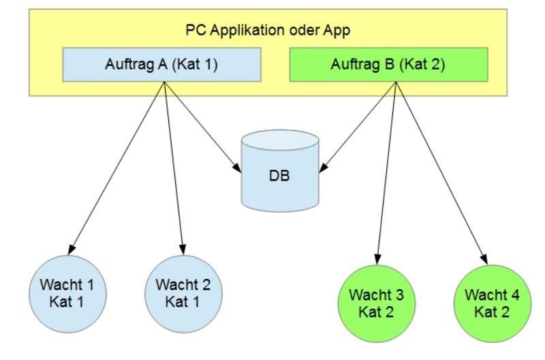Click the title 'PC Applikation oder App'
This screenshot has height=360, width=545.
[x=268, y=30]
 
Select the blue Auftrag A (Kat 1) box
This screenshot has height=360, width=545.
[x=161, y=65]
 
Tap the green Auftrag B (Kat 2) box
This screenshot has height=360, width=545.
[x=388, y=65]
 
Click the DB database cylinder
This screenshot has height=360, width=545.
[x=280, y=170]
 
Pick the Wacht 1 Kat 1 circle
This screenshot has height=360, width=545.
[x=67, y=295]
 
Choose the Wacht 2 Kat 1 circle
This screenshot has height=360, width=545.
[x=183, y=295]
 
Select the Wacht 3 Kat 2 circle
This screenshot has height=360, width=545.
[x=377, y=303]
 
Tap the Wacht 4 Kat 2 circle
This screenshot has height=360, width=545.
[x=493, y=303]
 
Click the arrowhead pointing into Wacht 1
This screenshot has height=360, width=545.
[x=72, y=250]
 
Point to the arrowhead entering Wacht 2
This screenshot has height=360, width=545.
[x=183, y=250]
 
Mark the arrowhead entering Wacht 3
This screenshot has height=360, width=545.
[x=377, y=259]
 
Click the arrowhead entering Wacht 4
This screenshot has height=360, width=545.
[x=484, y=260]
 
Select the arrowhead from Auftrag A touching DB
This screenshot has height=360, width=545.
[x=237, y=167]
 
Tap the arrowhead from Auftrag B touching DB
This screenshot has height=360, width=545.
[x=323, y=167]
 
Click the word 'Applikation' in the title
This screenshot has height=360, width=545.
[x=247, y=31]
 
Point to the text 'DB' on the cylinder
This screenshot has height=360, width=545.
[x=279, y=176]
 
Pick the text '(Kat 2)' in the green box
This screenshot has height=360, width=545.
[x=422, y=65]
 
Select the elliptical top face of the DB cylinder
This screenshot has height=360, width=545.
[x=280, y=140]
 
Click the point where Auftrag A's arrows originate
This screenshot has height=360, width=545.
[x=164, y=82]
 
